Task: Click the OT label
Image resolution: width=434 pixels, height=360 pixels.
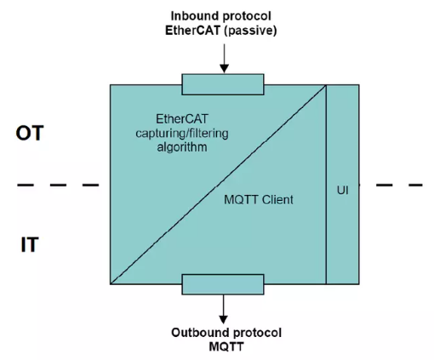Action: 30,133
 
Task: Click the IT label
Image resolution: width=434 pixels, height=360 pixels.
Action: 30,244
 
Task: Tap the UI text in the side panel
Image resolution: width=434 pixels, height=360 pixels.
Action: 343,190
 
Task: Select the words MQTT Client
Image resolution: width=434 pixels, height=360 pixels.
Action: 259,200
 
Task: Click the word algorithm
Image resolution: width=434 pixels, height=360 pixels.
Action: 182,147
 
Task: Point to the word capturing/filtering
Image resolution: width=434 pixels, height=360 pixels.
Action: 182,134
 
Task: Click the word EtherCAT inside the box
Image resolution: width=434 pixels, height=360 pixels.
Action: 182,119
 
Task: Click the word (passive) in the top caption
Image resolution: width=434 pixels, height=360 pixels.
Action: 250,31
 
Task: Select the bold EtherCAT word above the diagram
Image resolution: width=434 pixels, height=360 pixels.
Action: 192,31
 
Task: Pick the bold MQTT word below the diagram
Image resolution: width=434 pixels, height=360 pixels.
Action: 226,346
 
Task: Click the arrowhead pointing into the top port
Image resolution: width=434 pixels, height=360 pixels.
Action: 225,69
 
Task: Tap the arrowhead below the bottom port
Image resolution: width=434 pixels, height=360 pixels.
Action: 224,319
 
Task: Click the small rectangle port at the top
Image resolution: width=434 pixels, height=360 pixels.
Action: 223,84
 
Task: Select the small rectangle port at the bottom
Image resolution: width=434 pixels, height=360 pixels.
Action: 223,284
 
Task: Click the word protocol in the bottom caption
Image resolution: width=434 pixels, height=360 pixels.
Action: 255,333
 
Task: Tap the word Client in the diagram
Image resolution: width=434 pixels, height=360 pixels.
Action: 277,200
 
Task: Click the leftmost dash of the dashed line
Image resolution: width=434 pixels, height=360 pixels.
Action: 26,185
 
